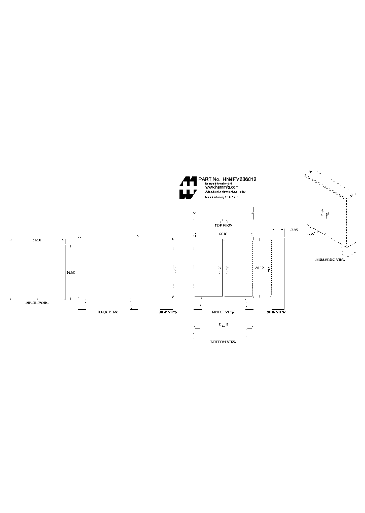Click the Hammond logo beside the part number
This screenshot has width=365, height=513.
coord(188,188)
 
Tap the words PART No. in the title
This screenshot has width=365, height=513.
coord(209,179)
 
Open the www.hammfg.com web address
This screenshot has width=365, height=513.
coord(222,187)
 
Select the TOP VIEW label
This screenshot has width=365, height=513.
coord(223,225)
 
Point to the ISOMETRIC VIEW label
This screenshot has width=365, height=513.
coord(330,260)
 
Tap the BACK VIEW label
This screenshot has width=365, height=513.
coord(107,312)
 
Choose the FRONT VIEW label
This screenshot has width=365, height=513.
coord(223,312)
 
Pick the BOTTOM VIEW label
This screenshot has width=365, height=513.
coord(223,343)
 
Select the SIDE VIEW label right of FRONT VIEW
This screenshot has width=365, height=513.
coord(276,312)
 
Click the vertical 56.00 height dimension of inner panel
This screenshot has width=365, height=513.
coord(70,273)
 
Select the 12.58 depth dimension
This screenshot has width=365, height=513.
coord(293,230)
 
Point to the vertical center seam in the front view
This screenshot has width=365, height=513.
coord(223,269)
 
